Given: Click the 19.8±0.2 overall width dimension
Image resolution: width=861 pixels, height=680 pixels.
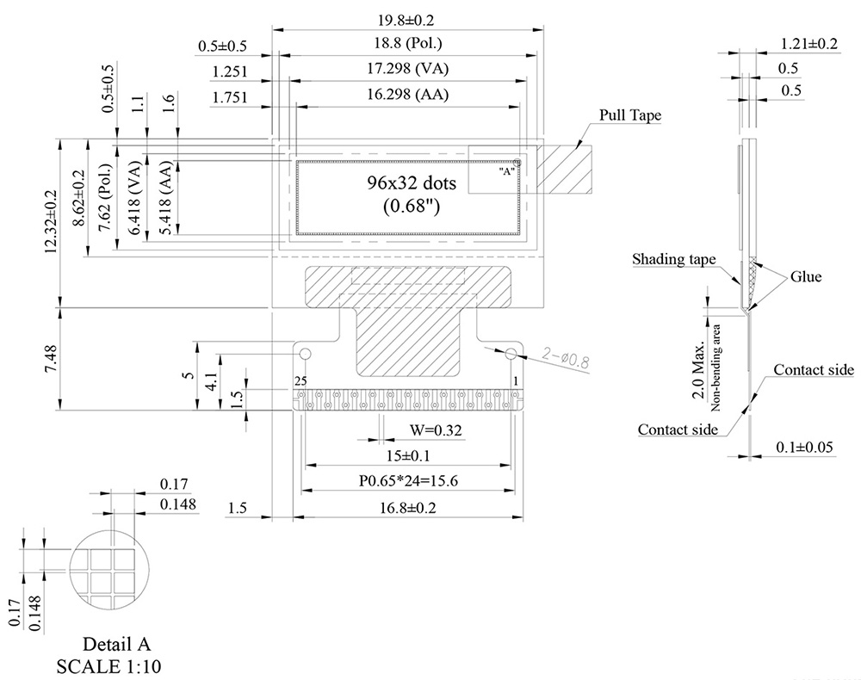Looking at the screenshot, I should pyautogui.click(x=407, y=19).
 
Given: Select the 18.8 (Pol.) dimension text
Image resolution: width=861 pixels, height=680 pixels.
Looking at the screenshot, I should pyautogui.click(x=407, y=44).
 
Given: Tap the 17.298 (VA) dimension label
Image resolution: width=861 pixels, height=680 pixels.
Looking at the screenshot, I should pyautogui.click(x=407, y=69).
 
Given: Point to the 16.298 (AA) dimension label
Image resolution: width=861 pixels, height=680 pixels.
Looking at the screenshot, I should pyautogui.click(x=407, y=94).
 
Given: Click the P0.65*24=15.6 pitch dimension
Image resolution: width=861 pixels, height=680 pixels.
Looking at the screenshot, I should pyautogui.click(x=407, y=482).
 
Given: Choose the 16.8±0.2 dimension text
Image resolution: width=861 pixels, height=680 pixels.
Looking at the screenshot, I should pyautogui.click(x=407, y=508).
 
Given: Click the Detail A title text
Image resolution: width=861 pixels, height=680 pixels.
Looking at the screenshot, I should pyautogui.click(x=116, y=644).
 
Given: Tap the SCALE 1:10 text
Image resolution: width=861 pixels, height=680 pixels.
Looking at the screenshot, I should pyautogui.click(x=108, y=665).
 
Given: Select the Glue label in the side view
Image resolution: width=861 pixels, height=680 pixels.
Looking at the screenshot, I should pyautogui.click(x=806, y=276).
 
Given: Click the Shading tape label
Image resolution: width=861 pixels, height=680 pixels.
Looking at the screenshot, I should pyautogui.click(x=673, y=259).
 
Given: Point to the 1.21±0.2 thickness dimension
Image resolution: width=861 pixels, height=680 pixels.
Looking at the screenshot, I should pyautogui.click(x=808, y=44).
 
